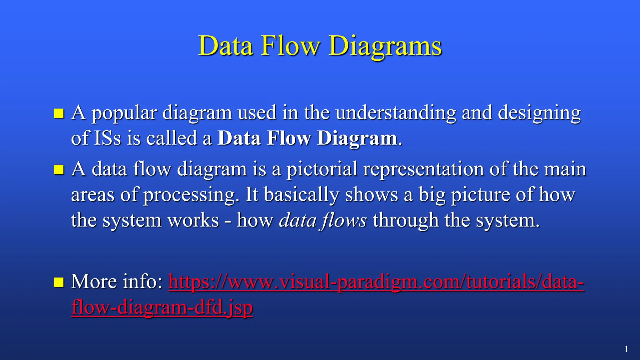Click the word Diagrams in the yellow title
click(x=385, y=46)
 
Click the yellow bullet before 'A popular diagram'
click(x=59, y=113)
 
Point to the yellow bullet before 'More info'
click(x=59, y=282)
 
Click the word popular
click(x=124, y=113)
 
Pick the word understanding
click(x=396, y=113)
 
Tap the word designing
click(x=539, y=113)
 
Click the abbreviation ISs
click(x=107, y=138)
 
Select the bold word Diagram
click(x=357, y=138)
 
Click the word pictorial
click(x=322, y=169)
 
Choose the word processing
click(x=189, y=195)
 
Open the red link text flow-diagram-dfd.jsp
click(x=162, y=307)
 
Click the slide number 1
click(x=626, y=349)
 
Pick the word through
click(x=406, y=221)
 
